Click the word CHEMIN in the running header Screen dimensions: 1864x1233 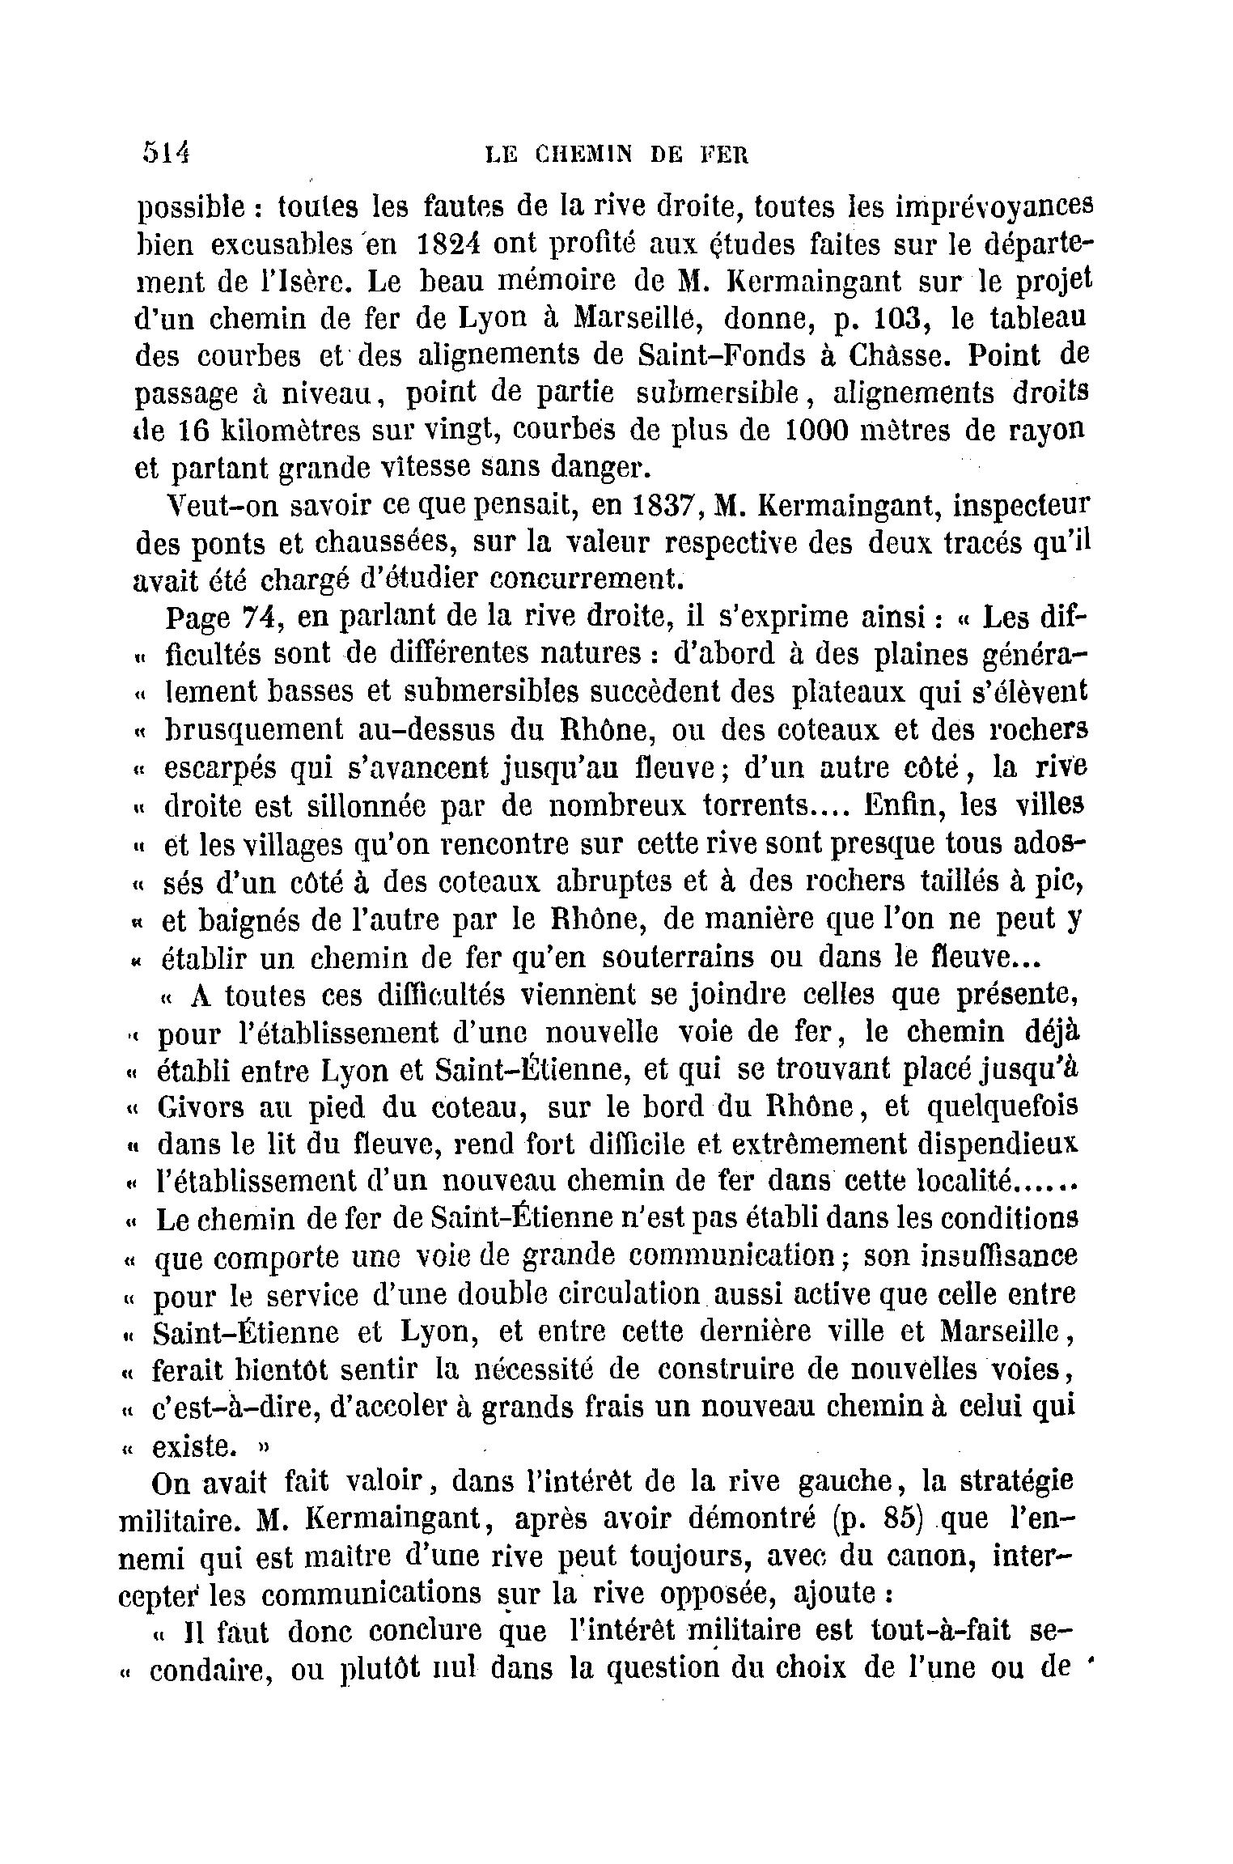point(585,155)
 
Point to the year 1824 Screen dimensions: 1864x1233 point(448,244)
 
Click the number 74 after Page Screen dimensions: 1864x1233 point(261,618)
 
